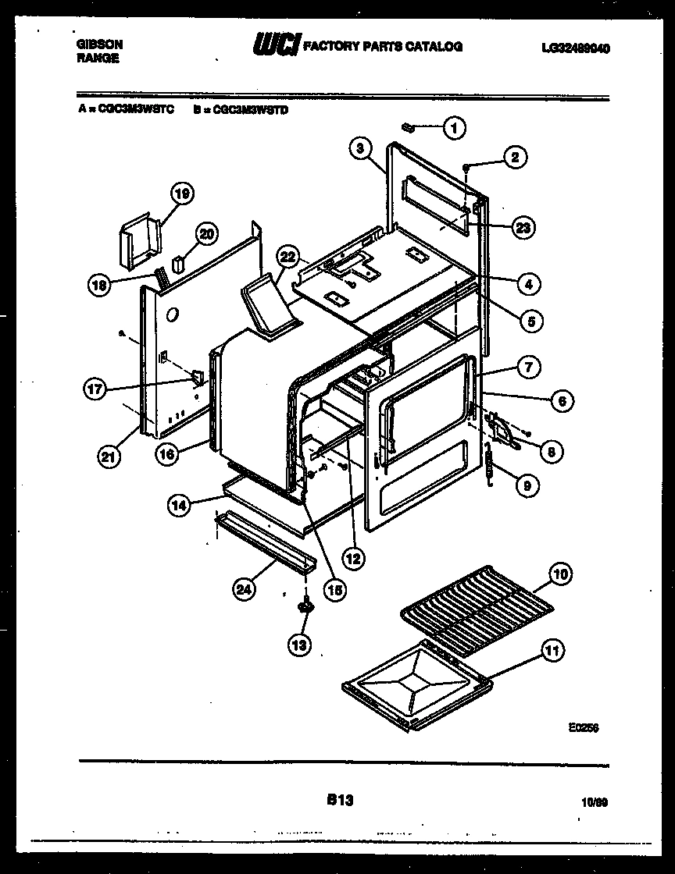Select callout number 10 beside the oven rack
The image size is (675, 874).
[560, 575]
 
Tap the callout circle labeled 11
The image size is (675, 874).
[552, 650]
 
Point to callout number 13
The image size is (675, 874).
[300, 644]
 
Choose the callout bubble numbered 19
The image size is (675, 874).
[182, 194]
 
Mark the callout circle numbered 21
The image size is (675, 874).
[110, 457]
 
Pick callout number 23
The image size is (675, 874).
[523, 228]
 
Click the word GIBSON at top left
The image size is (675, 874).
[99, 45]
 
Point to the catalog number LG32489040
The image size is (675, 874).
[575, 48]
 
